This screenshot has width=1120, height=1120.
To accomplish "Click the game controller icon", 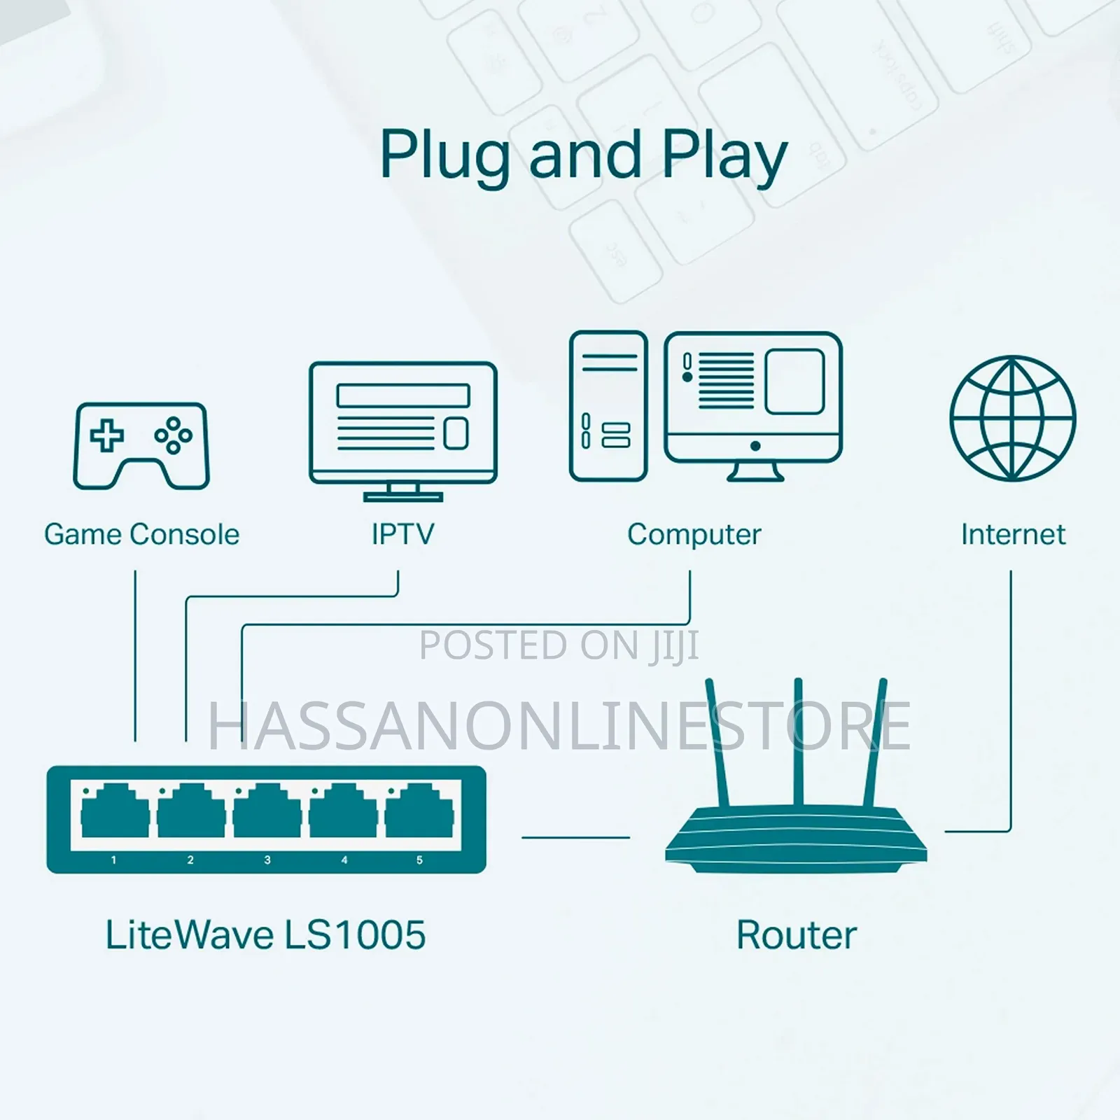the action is [141, 445].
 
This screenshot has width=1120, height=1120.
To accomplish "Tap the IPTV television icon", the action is [403, 431].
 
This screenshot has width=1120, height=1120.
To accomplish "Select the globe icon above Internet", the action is [1012, 419].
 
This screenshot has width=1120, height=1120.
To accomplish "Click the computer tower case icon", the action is [608, 406].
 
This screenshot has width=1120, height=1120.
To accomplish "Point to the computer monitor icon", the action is [753, 406].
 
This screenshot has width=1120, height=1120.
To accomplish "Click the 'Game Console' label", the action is [141, 535].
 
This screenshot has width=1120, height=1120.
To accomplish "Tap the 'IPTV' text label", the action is [402, 535].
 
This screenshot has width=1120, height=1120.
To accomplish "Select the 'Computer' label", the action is [694, 535].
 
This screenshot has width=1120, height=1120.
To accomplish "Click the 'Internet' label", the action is [1013, 535].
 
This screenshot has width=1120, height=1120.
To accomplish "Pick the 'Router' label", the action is [797, 935].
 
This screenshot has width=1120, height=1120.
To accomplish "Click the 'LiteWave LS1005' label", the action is [265, 935].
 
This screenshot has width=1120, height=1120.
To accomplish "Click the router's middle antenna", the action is [798, 742].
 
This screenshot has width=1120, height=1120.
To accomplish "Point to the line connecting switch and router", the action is [575, 836].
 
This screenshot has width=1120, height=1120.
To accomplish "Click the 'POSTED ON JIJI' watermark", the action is [559, 645].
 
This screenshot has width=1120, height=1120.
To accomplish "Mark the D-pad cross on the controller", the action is [106, 435].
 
